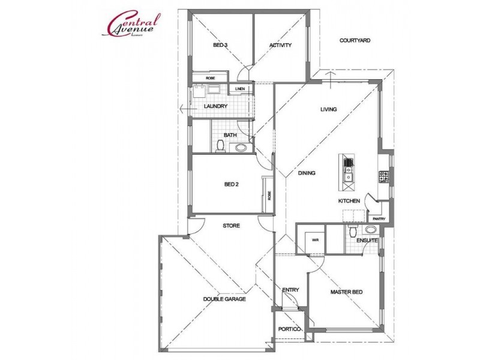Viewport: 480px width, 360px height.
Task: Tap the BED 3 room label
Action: point(220,45)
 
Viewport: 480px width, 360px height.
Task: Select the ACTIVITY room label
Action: point(280,45)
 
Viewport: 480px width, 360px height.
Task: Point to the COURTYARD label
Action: point(355,41)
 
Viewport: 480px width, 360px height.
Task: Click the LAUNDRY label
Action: point(215,107)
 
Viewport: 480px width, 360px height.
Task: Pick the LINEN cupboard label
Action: point(241,89)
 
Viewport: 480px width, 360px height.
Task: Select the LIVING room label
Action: point(328,109)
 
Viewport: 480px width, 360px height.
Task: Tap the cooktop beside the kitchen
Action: point(383,176)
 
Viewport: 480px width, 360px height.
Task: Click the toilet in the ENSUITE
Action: point(353,232)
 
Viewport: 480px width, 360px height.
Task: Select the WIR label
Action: point(313,240)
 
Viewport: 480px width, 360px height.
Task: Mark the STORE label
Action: point(231,226)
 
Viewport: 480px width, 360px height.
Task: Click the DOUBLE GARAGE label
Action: point(224,299)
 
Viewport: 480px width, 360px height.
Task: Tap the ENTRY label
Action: point(290,290)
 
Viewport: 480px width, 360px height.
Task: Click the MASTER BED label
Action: point(344,293)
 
